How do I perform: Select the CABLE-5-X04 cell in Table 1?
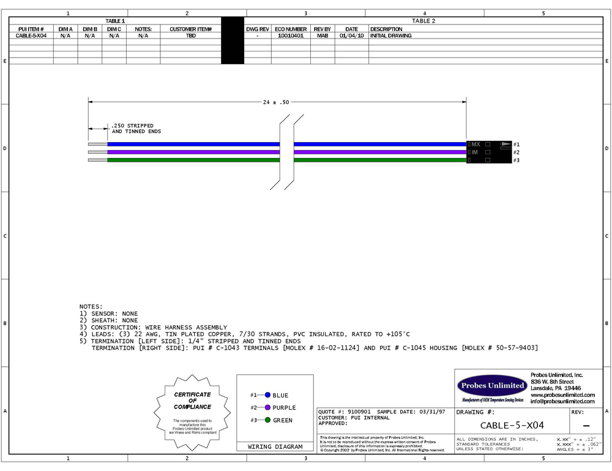[x=31, y=36]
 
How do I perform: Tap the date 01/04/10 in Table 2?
[x=351, y=36]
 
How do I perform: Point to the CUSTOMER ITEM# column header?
[x=190, y=29]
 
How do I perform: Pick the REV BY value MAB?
[x=322, y=36]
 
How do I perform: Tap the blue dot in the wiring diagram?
[x=267, y=395]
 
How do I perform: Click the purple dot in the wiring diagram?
[x=267, y=407]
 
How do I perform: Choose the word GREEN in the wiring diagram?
[x=282, y=420]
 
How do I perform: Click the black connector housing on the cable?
[x=488, y=152]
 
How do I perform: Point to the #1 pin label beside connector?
[x=516, y=144]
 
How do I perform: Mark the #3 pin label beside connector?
[x=516, y=160]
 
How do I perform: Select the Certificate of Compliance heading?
[x=192, y=401]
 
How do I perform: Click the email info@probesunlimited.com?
[x=562, y=402]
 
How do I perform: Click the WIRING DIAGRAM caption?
[x=275, y=447]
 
